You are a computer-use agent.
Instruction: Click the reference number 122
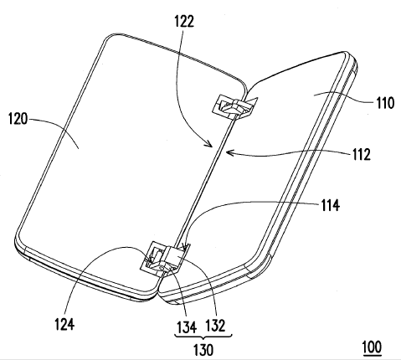click(184, 21)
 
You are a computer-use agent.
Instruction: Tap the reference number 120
click(18, 119)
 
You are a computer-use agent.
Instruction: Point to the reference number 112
click(362, 154)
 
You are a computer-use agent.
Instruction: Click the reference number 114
click(330, 205)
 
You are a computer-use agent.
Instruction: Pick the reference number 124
click(64, 324)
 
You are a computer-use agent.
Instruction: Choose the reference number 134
click(187, 327)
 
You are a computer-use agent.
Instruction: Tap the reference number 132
click(215, 326)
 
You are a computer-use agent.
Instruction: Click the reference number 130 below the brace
click(203, 350)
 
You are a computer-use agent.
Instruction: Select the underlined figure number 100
click(372, 347)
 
